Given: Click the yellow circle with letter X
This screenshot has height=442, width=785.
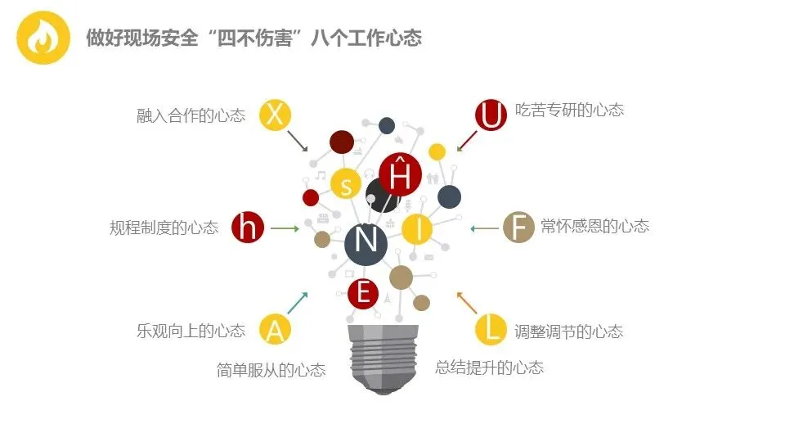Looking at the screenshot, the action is [276, 115].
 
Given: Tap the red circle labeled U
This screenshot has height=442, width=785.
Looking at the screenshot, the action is [491, 115].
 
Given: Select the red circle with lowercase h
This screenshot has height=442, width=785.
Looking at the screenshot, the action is [248, 227].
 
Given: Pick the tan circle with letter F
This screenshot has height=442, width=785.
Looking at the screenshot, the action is [518, 227].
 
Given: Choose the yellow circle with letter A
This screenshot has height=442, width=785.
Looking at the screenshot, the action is [276, 329].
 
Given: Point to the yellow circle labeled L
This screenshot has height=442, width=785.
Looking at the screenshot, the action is [491, 329].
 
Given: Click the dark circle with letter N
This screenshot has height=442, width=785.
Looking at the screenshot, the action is [366, 241].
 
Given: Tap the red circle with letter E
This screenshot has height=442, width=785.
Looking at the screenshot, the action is [363, 293].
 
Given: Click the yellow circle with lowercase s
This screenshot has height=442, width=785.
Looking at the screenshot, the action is [346, 184].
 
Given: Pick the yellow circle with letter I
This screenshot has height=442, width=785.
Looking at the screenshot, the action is [418, 228].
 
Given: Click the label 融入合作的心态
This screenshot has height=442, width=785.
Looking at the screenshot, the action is [191, 115].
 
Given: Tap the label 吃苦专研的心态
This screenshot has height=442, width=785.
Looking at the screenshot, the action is [569, 110].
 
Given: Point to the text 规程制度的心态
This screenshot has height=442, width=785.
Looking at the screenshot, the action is [164, 228].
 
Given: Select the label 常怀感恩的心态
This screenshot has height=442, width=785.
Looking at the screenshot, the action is [594, 226].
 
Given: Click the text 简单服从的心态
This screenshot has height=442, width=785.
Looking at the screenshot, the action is [271, 370].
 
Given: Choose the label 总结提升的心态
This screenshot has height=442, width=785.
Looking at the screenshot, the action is [489, 368].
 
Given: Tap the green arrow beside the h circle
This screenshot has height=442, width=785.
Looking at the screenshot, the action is [285, 228].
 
